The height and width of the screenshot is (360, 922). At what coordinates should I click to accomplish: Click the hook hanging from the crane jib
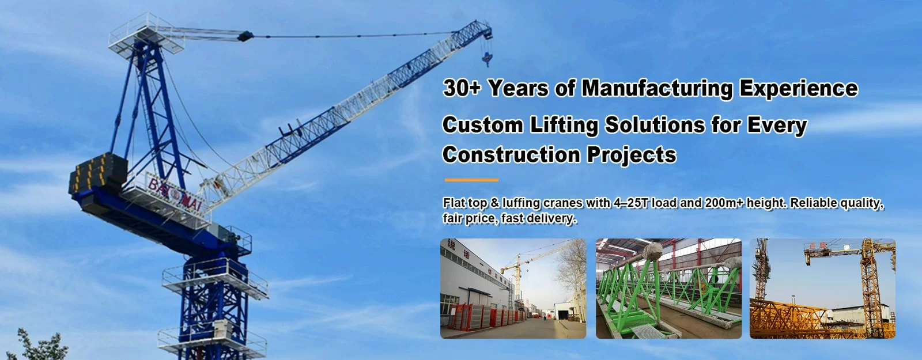point(488,56)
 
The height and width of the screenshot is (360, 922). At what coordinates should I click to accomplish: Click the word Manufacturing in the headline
point(656,88)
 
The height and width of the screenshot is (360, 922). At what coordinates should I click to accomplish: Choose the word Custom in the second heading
point(482,125)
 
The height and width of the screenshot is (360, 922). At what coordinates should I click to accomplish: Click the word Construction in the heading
point(511,155)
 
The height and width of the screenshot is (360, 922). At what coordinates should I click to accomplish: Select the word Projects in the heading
point(632,156)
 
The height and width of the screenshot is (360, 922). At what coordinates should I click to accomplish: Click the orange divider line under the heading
point(471,180)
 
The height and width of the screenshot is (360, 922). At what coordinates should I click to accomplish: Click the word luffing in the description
point(521,203)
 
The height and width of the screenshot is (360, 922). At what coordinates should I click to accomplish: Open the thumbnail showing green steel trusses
point(668,289)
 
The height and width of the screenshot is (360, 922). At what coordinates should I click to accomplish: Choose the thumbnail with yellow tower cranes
point(822,289)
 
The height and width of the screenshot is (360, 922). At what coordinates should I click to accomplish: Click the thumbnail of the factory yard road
point(513,289)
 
